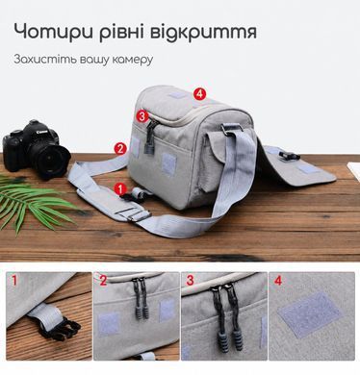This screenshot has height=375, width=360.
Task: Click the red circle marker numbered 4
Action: point(199,94)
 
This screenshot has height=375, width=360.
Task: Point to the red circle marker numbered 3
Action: point(142,115)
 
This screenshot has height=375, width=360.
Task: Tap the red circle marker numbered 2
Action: point(120,148)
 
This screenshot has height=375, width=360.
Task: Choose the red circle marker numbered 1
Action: point(120,188)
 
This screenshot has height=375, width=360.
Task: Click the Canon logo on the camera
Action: point(42,132)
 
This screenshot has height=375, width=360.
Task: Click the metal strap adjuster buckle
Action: point(134,214)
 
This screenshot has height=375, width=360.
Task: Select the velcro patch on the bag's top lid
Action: point(176,95)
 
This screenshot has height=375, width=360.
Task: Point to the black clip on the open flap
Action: point(289,156)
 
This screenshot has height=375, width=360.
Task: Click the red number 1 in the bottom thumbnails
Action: point(14,281)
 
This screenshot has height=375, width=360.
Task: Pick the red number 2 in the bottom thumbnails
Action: point(103,281)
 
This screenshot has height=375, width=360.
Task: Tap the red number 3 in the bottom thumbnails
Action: point(190,281)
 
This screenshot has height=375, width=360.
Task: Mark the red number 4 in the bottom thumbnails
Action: point(278,281)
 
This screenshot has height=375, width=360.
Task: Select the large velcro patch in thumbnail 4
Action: point(309,314)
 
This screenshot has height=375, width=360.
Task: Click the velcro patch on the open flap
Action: point(307,169)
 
